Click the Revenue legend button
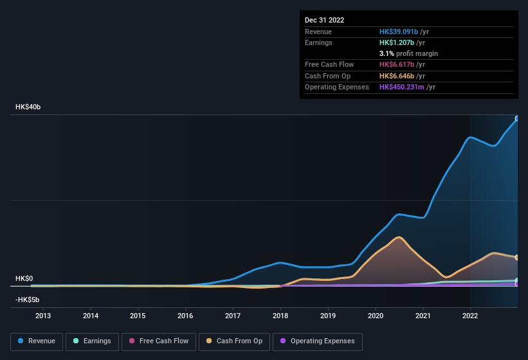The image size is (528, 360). (37, 341)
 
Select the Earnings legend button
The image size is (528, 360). (91, 341)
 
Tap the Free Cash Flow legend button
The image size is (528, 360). (158, 341)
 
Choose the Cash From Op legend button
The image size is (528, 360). (233, 341)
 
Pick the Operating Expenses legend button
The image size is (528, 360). (318, 341)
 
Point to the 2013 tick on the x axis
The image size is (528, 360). (43, 316)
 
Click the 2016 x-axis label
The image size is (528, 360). (185, 316)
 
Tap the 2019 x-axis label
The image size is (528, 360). (328, 316)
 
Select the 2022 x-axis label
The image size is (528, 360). (470, 316)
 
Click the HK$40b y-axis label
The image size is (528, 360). (28, 107)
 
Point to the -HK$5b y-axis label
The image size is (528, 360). (28, 300)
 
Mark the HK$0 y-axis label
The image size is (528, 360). (24, 278)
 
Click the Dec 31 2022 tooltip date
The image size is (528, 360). (324, 20)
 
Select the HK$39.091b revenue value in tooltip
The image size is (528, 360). (399, 32)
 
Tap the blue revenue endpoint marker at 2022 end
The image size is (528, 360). (517, 118)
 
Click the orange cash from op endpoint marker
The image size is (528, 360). (517, 257)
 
